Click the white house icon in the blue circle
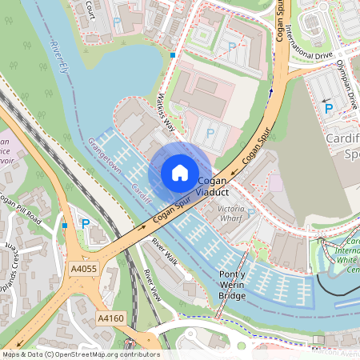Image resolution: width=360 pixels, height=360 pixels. [x=180, y=172]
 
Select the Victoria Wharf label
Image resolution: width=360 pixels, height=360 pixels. [x=226, y=212]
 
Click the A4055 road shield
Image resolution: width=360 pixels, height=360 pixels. [x=83, y=269]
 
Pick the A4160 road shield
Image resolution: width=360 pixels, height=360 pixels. [x=111, y=318]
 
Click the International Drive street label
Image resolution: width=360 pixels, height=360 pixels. [x=309, y=44]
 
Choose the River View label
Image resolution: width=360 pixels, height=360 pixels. [x=152, y=284]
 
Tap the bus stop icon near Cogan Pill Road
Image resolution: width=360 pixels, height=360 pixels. [x=65, y=226]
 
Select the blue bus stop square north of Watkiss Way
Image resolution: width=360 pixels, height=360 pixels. [x=173, y=54]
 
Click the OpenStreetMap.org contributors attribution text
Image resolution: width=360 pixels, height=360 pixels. [x=112, y=354]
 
